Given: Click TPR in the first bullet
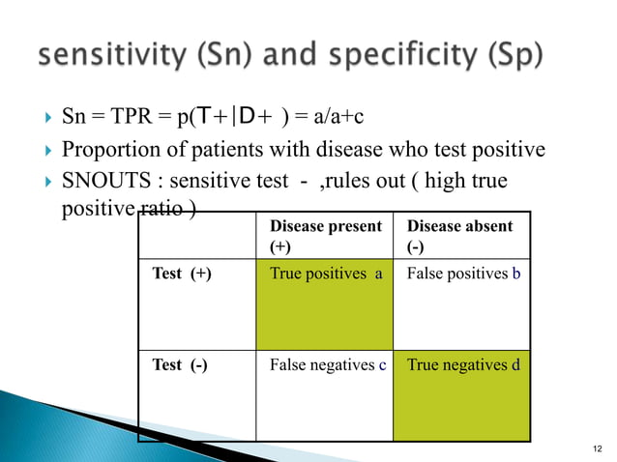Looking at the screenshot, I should pos(131,119).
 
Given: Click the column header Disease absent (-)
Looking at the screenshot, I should pos(459,235).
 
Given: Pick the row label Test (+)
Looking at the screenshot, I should pos(182,274).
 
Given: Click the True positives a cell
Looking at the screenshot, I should pos(325,274).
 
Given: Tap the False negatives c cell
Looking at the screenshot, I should pos(328,364).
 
